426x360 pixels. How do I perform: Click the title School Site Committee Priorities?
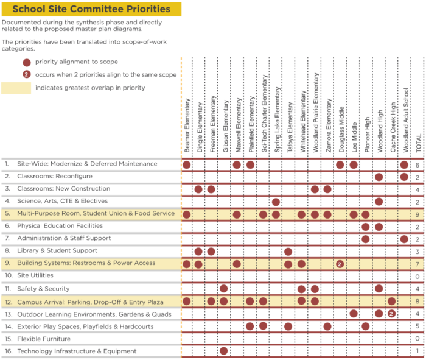(x=91, y=9)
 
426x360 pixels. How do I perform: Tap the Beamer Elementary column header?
(x=187, y=125)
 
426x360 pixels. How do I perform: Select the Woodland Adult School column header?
(x=406, y=120)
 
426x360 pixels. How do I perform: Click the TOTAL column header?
(x=419, y=143)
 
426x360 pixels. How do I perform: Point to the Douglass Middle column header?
(x=341, y=129)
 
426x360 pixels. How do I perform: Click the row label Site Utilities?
(x=35, y=275)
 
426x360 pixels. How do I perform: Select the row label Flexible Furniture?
(x=44, y=339)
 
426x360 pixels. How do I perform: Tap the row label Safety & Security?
(x=43, y=289)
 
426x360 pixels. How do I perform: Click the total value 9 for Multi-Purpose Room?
(x=417, y=214)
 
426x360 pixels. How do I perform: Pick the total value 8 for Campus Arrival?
(x=417, y=302)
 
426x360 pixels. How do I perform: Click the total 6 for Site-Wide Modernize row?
(x=417, y=165)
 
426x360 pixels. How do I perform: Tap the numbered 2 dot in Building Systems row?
(x=340, y=264)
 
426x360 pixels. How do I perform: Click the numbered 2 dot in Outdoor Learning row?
(x=391, y=314)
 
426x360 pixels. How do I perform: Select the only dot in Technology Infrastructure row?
(x=223, y=351)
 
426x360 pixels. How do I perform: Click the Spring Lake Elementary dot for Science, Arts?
(x=276, y=202)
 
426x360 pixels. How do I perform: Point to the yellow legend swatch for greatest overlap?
(x=16, y=88)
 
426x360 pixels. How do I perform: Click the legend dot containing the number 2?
(x=27, y=74)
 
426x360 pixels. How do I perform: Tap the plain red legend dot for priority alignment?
(x=27, y=63)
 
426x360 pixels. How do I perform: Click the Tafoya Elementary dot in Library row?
(x=288, y=252)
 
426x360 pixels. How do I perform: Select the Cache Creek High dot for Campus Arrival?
(x=391, y=301)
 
